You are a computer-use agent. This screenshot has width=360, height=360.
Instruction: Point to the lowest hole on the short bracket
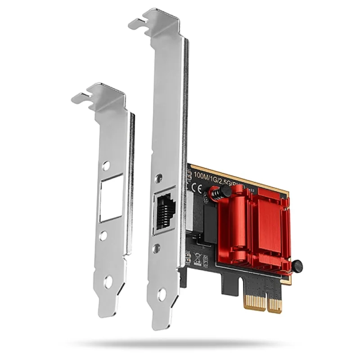pyautogui.click(x=108, y=283)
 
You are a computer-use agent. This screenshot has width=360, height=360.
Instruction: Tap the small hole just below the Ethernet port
pyautogui.click(x=156, y=247)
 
